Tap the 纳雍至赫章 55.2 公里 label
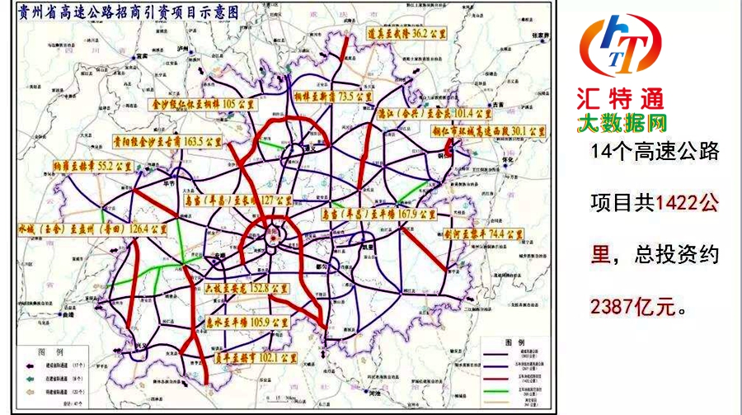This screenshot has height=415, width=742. (92, 168)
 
